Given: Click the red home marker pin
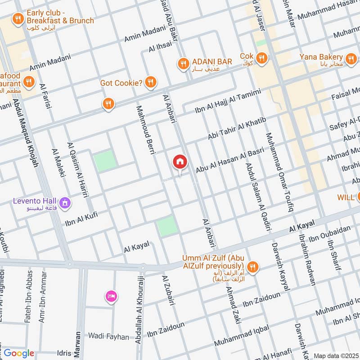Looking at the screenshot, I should (180, 162).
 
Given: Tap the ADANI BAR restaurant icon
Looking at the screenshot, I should (183, 63).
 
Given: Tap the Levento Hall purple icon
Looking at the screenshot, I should (65, 204).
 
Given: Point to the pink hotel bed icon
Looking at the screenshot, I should (111, 296).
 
